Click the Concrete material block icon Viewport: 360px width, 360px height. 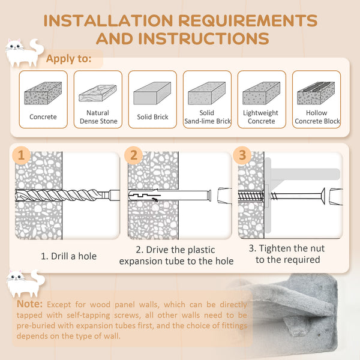coord(43,94)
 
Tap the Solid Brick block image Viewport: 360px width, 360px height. coord(152,94)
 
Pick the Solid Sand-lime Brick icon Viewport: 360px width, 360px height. coord(206,94)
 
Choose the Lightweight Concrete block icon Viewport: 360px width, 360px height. coord(261,94)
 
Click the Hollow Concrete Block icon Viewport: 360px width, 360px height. coord(317,94)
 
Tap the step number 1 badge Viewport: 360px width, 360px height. coord(22,155)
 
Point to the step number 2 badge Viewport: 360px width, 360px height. coord(134,155)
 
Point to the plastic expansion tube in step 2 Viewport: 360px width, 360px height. coord(174,196)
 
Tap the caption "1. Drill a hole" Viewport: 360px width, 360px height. coord(68,256)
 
